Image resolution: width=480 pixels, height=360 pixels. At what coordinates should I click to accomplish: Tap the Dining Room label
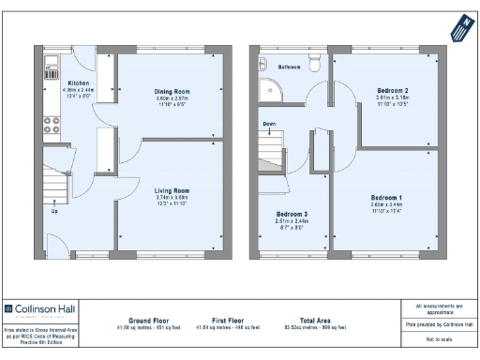pyautogui.click(x=172, y=91)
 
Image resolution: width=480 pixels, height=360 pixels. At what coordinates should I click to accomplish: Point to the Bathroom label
pyautogui.click(x=289, y=67)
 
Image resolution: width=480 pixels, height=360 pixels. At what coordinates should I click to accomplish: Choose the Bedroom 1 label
pyautogui.click(x=386, y=198)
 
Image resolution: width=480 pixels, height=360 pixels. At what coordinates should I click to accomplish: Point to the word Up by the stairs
pyautogui.click(x=54, y=210)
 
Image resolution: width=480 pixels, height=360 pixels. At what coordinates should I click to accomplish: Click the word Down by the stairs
pyautogui.click(x=269, y=123)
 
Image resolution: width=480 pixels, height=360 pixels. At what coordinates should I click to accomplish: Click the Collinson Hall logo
pyautogui.click(x=41, y=307)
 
